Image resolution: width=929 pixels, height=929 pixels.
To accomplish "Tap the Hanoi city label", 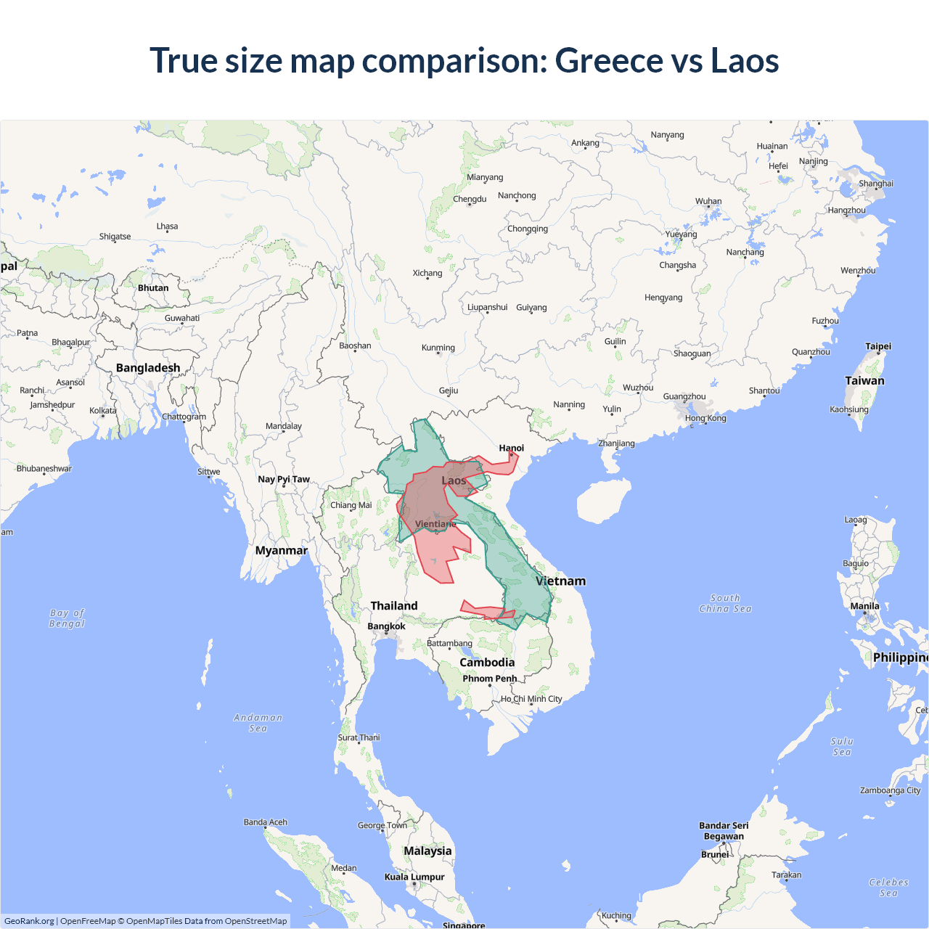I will tap(511, 448).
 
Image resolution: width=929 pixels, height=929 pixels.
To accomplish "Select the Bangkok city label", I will tap(386, 626).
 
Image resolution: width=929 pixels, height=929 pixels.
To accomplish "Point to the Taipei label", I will tap(878, 346).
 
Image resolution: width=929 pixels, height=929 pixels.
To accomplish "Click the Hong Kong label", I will tap(705, 418).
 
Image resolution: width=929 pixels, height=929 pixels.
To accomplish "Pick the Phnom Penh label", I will tap(490, 679).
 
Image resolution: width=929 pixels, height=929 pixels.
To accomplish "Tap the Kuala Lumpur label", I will tap(414, 877).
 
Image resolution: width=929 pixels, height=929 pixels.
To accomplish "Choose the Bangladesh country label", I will tap(148, 368).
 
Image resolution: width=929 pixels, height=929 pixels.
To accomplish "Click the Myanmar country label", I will tap(281, 550).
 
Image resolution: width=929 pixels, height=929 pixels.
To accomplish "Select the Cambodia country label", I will tap(487, 662).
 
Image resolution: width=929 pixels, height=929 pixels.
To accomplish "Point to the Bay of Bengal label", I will tap(67, 618).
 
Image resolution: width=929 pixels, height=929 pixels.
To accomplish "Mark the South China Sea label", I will tap(725, 603).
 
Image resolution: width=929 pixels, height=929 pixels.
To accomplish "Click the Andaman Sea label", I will tap(258, 723).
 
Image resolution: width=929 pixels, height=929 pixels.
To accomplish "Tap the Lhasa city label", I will tap(167, 226).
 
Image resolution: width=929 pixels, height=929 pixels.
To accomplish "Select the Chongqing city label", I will tap(528, 229).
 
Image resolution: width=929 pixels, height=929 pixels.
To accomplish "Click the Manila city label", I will tap(864, 606).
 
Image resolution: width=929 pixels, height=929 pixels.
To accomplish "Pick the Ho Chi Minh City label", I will tap(531, 699).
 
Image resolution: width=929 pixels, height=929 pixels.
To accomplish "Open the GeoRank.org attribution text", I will tap(29, 921).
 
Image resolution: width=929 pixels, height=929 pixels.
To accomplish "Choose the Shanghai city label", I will tap(876, 184).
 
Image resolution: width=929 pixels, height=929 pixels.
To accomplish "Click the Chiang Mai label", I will tap(351, 505).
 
